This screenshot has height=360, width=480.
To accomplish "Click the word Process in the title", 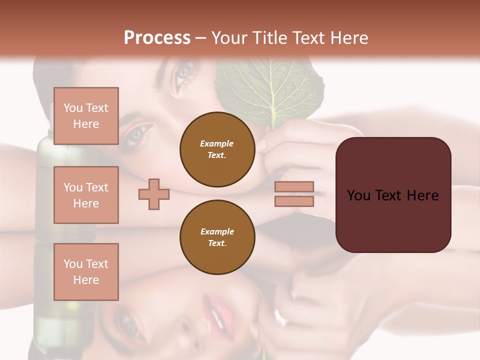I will coord(157,38).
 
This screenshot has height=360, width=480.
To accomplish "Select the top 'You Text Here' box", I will coord(86,116).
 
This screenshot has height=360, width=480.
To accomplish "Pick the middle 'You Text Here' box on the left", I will coord(86,195).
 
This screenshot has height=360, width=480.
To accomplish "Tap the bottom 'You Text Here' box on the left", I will coord(86,272).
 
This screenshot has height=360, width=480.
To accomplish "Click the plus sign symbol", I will coord(154,194).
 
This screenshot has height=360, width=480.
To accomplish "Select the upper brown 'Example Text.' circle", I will coord(217,149).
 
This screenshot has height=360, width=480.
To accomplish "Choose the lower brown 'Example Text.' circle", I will coord(217,237).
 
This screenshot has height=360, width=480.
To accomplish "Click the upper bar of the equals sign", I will coord(294,187).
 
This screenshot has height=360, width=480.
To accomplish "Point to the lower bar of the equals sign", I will coord(294,201).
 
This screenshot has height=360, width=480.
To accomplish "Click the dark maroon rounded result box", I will coord(393,194).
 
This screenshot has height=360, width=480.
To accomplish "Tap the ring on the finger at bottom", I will coord(279,316).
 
